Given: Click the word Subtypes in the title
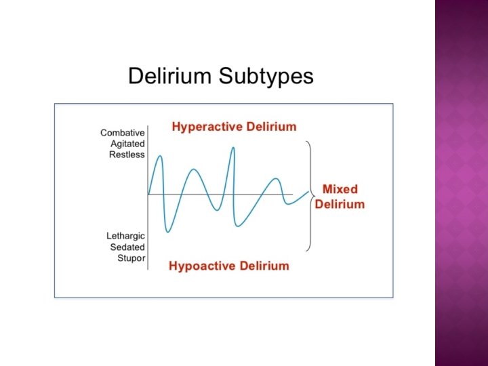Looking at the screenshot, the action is (266, 76).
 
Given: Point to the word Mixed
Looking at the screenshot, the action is (340, 189).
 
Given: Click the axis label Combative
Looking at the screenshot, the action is (123, 133).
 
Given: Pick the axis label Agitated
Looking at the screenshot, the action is (127, 144).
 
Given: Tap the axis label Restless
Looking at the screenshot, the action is (127, 155).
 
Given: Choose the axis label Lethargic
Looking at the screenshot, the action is (125, 236).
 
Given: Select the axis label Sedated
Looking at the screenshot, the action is (127, 247).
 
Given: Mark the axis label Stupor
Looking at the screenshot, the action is (131, 258).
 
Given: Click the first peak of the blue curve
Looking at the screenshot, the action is (160, 157).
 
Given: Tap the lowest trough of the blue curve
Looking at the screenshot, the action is (167, 232).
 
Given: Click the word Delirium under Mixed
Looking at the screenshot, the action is (340, 204).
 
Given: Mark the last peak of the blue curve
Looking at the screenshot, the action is (276, 179).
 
